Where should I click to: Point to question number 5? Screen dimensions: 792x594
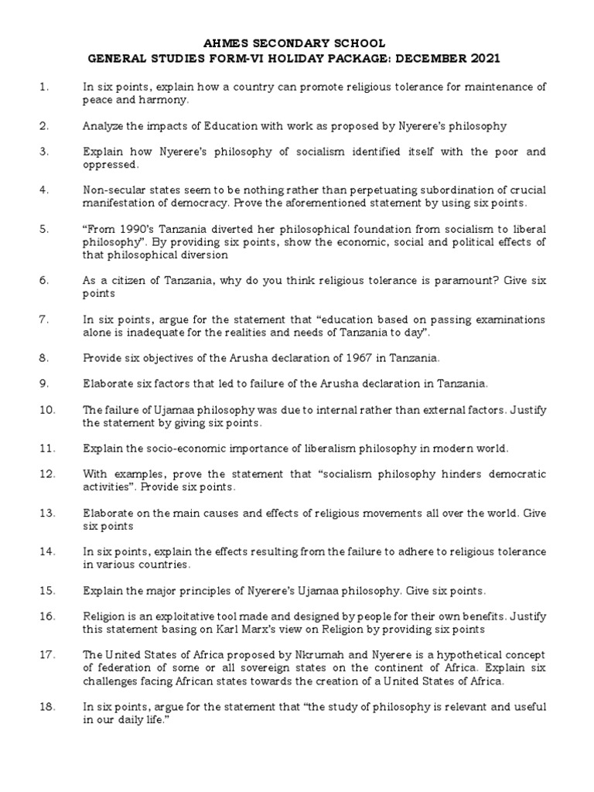tap(44, 230)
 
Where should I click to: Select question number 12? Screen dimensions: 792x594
tap(47, 473)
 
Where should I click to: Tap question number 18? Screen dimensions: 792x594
tap(47, 707)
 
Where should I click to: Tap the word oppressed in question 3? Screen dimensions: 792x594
tap(111, 165)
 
